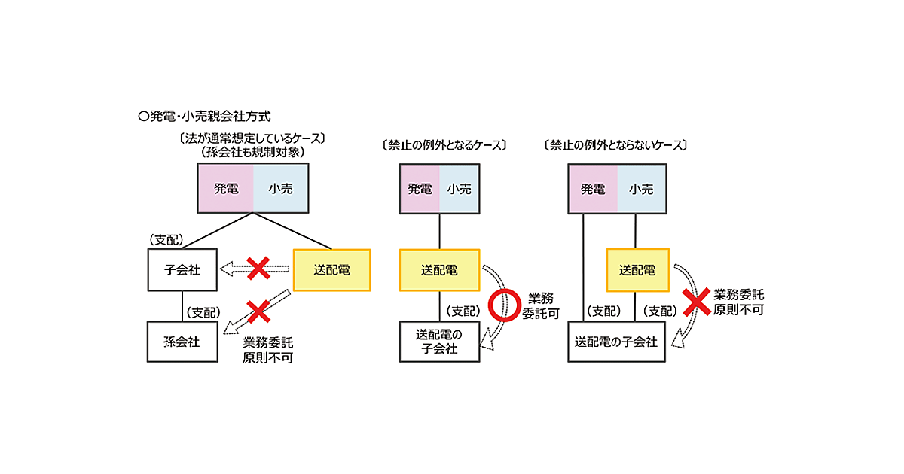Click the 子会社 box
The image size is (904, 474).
coord(182,269)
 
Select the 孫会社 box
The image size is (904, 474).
coord(182,342)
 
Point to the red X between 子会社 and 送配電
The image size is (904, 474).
coord(258,268)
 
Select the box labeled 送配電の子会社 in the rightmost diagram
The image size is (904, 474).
coord(616,342)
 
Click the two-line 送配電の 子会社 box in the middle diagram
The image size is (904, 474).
coord(439,342)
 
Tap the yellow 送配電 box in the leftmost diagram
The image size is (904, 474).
coord(331,269)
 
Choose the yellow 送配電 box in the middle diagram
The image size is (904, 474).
coord(439,269)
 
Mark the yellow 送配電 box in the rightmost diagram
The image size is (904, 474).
coord(637,269)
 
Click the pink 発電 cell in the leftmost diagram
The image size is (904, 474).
coord(226,189)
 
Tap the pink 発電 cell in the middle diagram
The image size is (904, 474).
coord(420,189)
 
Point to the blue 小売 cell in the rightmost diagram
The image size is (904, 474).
coord(640,189)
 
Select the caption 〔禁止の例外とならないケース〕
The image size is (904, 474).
coord(615,144)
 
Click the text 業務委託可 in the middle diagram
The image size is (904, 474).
coord(541,305)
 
